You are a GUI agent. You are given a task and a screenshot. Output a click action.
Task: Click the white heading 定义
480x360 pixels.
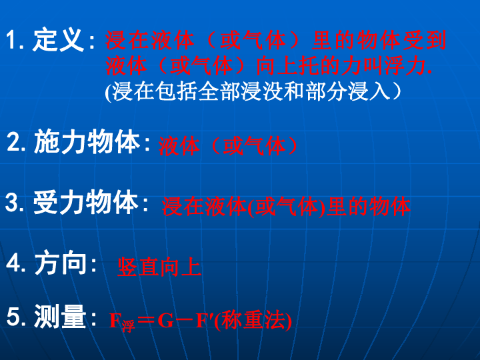[x=58, y=40]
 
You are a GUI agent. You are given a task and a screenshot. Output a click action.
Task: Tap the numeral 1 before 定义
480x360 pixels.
[x=11, y=40]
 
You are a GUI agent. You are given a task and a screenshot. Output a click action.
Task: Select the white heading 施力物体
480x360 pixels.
[x=87, y=141]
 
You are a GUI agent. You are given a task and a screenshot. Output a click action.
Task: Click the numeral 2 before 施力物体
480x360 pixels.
[x=13, y=141]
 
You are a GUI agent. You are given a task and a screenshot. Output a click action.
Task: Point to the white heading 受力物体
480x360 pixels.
[x=85, y=202]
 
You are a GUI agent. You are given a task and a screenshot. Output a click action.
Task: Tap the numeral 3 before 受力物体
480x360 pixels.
[x=12, y=203]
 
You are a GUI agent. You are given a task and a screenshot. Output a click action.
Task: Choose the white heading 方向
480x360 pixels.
[x=60, y=263]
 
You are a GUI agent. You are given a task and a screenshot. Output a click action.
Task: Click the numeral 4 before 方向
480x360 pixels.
[x=13, y=263]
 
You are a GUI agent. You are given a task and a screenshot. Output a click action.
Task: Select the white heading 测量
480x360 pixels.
[x=60, y=316]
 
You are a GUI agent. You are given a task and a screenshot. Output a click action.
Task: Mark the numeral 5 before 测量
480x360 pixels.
[x=13, y=317]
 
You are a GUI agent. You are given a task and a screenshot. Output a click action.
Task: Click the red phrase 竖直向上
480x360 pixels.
[x=159, y=267]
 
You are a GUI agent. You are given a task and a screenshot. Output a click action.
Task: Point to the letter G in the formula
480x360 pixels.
[x=165, y=321]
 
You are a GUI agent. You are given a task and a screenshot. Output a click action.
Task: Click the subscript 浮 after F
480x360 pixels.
[x=128, y=326]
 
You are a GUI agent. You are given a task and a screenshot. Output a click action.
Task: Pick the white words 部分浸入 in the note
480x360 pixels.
[x=348, y=91]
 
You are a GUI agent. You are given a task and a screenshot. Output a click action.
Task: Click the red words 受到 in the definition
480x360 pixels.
[x=424, y=40]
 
